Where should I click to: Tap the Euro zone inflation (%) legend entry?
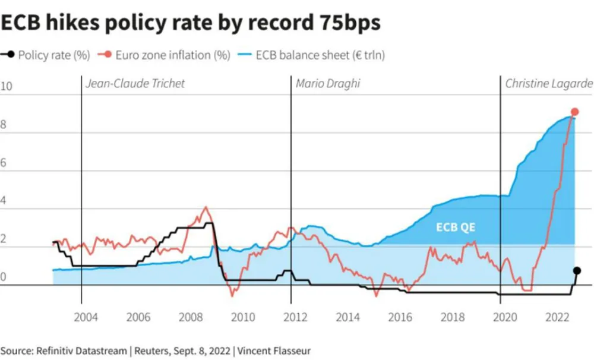click(x=173, y=56)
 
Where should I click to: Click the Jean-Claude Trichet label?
click(x=135, y=84)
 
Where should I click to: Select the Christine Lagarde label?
click(x=548, y=84)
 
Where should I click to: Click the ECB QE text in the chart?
click(x=456, y=228)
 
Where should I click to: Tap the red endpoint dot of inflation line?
click(x=574, y=112)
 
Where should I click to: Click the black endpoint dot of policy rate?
click(x=577, y=270)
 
